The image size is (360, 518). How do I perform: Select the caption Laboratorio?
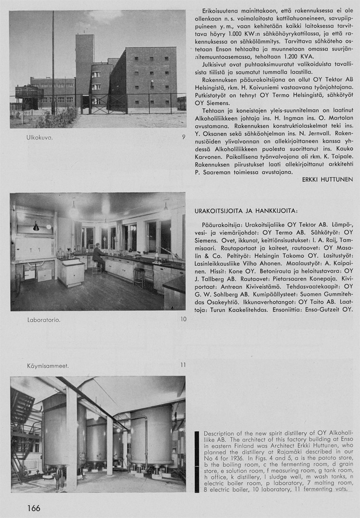coord(43,319)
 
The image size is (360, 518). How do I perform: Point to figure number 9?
coord(183,137)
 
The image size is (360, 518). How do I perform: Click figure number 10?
coord(182,319)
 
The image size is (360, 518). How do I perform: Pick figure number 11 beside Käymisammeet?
coord(182,365)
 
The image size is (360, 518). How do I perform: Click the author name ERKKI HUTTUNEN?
coord(327,180)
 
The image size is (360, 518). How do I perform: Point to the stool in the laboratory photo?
coord(139,277)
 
